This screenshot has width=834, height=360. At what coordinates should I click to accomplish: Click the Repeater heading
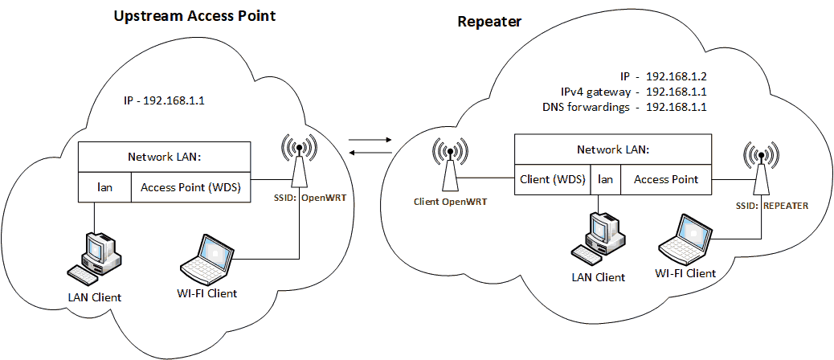(x=489, y=22)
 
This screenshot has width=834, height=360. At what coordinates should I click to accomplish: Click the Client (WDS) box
(x=554, y=179)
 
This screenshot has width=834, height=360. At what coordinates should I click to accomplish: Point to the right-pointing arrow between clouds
(x=370, y=141)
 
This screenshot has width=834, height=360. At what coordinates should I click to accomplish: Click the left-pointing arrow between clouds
(x=370, y=155)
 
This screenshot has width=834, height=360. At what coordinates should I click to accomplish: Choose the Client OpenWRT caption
(x=450, y=202)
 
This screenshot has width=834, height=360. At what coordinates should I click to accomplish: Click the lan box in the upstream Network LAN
(x=104, y=186)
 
